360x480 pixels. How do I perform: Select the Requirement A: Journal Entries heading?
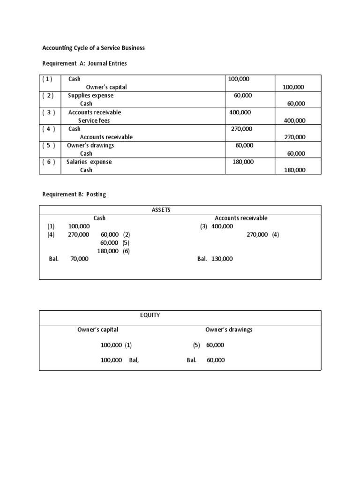84,64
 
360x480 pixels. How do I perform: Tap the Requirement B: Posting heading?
74,195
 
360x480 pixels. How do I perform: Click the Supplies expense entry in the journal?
90,96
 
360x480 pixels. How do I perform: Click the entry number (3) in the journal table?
49,112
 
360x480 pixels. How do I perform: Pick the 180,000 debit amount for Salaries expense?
243,162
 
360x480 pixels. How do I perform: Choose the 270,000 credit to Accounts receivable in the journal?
295,137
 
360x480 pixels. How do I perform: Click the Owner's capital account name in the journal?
106,87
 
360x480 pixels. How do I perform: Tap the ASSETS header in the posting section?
161,210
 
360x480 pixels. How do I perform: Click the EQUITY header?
150,315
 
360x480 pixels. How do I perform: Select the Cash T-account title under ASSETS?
99,218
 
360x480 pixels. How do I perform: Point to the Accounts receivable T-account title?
241,218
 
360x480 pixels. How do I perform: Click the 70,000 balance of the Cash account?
79,259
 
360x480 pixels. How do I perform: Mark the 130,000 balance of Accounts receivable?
221,259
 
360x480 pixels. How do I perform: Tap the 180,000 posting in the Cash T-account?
107,251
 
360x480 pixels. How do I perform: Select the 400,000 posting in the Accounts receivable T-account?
222,226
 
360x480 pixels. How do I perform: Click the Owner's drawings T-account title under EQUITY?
229,330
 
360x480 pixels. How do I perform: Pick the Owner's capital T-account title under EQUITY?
97,330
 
